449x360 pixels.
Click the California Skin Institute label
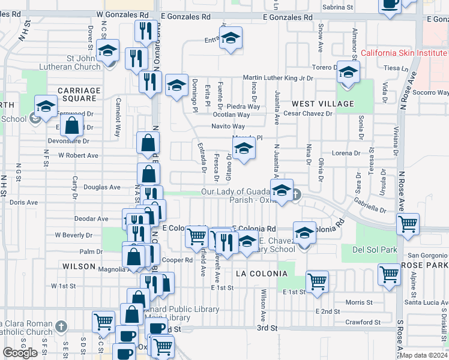coord(404,53)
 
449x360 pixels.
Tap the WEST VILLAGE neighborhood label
coord(323,104)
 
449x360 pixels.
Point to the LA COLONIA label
coord(262,274)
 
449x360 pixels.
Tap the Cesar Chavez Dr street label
coord(308,113)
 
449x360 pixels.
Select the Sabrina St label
coord(337,7)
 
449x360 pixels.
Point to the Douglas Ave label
coord(102,187)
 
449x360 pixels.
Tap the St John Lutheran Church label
coord(76,63)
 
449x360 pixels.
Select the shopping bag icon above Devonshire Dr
coord(72,127)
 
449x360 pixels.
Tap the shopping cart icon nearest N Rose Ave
coord(408,225)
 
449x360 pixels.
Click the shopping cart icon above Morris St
coord(317,281)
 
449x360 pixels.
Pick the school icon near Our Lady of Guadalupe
coord(281,191)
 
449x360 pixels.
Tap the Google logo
coord(20,353)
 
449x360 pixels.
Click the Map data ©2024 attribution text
coord(423,355)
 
